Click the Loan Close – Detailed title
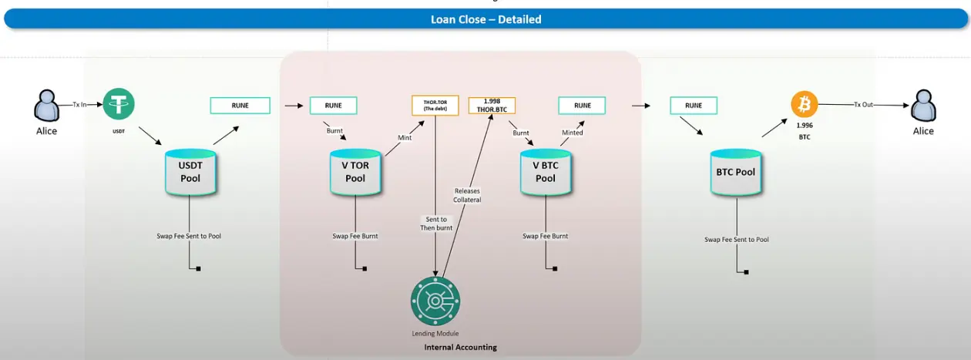(485, 19)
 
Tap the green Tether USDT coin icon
(119, 103)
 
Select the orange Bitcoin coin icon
(804, 104)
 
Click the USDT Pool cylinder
(190, 172)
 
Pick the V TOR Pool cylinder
(355, 172)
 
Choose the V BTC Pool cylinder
(545, 172)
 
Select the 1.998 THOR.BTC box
(492, 105)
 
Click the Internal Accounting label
(460, 348)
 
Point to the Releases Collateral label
(467, 195)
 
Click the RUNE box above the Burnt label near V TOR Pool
(333, 105)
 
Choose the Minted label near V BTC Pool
(572, 133)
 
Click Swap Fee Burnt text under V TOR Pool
(354, 236)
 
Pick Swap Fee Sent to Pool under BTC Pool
(736, 240)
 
